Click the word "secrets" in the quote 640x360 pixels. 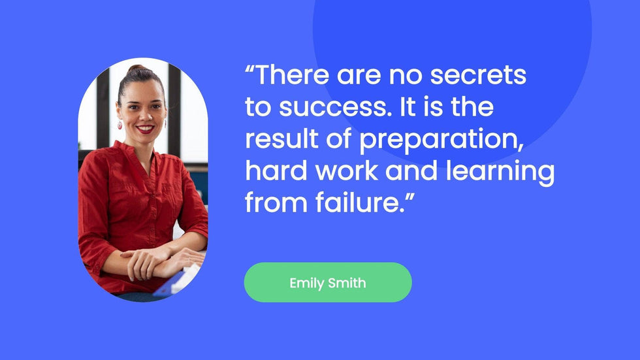[478, 74]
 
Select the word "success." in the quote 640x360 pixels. [332, 107]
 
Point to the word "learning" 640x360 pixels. [500, 171]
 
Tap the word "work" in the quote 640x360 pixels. [347, 171]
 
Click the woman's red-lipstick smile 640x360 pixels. [145, 129]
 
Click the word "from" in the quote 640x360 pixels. [276, 203]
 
